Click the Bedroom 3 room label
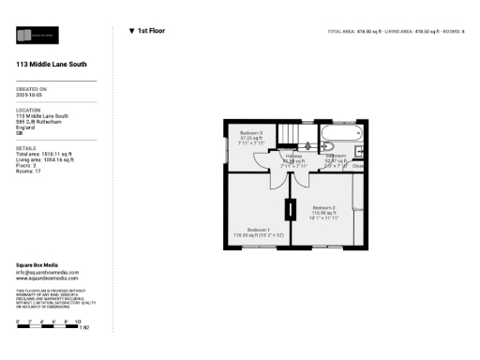(x=251, y=133)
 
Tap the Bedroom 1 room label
(x=259, y=230)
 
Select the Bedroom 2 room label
(x=323, y=207)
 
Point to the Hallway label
(x=293, y=157)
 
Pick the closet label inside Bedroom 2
(x=358, y=209)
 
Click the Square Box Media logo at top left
(x=38, y=37)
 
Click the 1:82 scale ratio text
(x=83, y=328)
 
